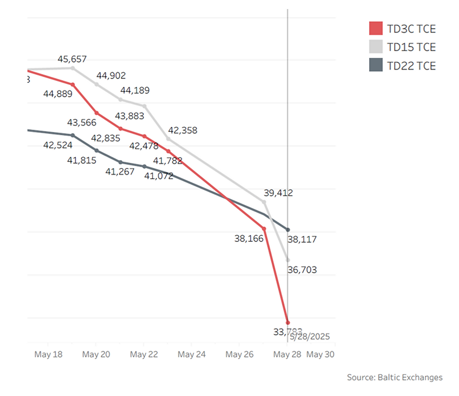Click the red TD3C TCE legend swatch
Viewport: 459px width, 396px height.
click(376, 29)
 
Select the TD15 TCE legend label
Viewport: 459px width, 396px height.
click(411, 47)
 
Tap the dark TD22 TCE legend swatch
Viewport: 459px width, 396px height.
click(376, 66)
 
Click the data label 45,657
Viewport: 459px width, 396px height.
click(72, 59)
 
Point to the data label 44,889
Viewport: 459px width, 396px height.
click(58, 94)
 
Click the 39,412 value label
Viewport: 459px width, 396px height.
click(278, 192)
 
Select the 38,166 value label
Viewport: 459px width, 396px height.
click(249, 238)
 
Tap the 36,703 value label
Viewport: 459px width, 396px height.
click(302, 270)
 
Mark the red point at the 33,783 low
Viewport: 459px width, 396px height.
click(288, 323)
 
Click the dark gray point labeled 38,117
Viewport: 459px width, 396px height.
click(288, 230)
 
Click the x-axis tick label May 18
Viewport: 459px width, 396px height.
click(48, 354)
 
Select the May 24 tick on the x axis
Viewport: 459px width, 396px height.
click(192, 354)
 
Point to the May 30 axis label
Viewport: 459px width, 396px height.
click(320, 354)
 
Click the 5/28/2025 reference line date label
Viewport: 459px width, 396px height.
click(310, 337)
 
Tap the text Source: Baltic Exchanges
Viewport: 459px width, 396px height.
click(394, 377)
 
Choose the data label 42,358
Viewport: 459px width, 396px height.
click(183, 131)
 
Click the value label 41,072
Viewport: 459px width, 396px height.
click(159, 176)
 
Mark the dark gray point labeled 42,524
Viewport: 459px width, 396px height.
click(73, 135)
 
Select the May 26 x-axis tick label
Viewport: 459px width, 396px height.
click(239, 354)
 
